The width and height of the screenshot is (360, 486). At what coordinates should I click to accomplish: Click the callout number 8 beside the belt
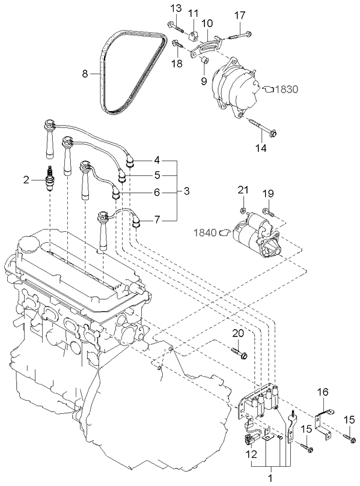tap(85, 74)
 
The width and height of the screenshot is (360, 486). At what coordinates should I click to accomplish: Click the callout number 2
tap(26, 179)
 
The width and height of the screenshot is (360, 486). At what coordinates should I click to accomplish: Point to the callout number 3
tap(187, 191)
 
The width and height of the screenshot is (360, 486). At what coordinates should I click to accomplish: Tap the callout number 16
tap(323, 392)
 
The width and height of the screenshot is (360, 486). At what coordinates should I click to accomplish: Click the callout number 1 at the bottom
tap(270, 478)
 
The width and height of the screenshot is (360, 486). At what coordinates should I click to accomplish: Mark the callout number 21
tap(242, 190)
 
